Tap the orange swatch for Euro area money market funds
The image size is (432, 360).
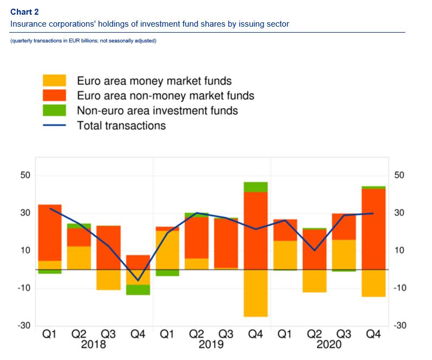54,81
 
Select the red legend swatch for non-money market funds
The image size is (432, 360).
54,96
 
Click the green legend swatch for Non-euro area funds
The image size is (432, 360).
54,110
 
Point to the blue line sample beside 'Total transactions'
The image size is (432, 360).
54,126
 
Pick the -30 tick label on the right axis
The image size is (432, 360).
399,326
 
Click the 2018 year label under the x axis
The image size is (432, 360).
93,345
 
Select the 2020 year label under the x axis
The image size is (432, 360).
329,345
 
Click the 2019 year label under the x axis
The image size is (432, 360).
211,345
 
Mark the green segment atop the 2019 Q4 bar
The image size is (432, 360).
255,187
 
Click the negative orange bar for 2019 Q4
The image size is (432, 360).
255,293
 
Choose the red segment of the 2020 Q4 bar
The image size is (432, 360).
373,228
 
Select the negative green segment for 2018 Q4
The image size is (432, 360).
138,290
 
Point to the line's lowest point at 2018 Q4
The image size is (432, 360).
138,280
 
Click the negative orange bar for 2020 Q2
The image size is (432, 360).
315,281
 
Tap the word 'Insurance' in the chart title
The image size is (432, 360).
29,24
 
